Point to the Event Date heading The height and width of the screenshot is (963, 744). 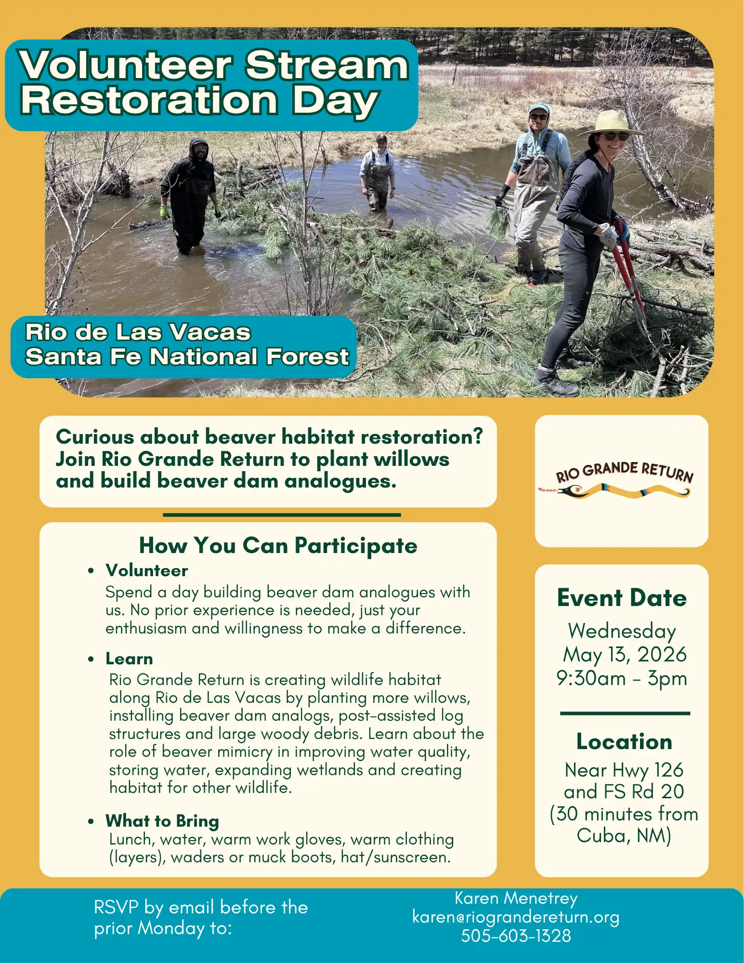[x=622, y=598]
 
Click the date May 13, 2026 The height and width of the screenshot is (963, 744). [x=624, y=654]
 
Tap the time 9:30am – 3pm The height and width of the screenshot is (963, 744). [x=622, y=678]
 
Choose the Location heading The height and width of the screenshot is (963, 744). [x=624, y=741]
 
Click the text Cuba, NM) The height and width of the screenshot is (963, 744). [x=624, y=835]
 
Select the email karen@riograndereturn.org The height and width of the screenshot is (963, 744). [x=516, y=917]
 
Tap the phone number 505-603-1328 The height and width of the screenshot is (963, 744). [x=516, y=936]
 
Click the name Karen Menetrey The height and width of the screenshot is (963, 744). [x=516, y=898]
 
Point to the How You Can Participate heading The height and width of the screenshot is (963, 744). [x=278, y=545]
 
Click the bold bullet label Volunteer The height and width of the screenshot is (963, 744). [x=147, y=570]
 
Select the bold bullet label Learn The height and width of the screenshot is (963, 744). [x=129, y=659]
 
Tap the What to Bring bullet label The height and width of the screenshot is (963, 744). [x=162, y=820]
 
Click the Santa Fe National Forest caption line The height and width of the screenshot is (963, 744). [x=187, y=357]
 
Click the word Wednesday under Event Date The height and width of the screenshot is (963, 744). [x=622, y=631]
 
